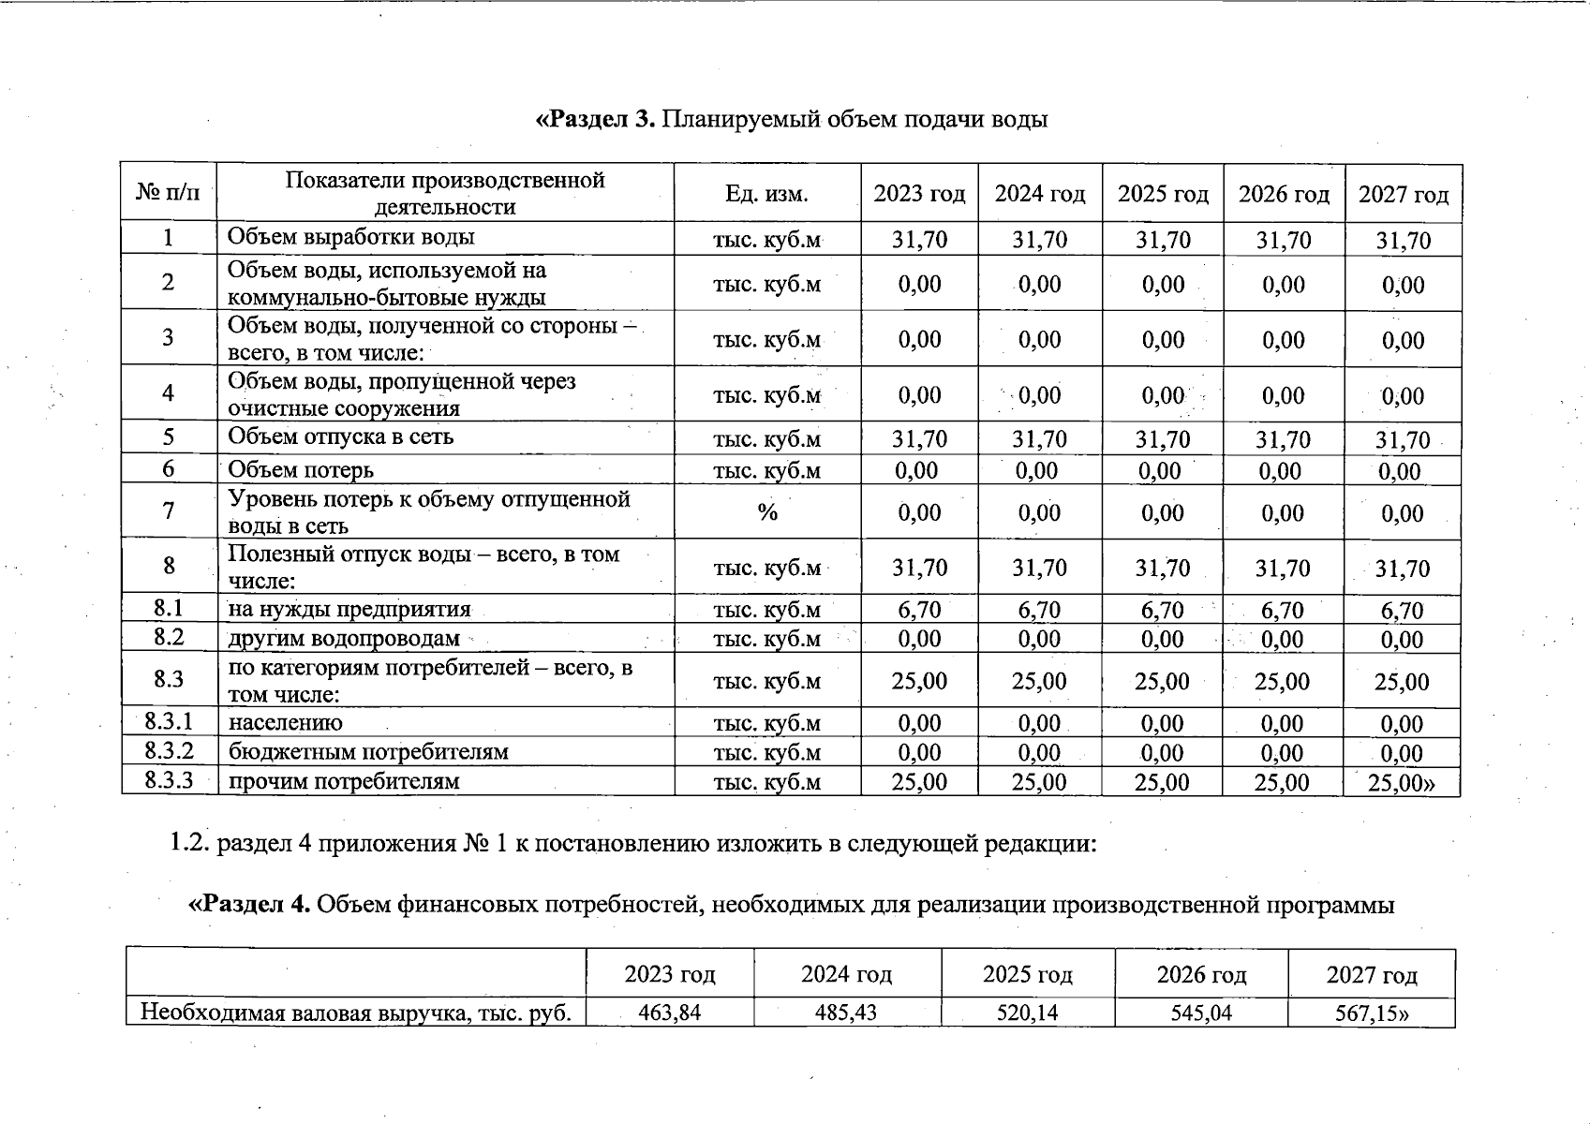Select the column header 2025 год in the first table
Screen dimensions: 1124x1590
pos(1163,194)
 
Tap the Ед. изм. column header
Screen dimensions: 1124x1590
pos(766,194)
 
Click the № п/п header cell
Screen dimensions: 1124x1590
pos(169,194)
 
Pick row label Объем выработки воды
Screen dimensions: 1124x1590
pos(351,237)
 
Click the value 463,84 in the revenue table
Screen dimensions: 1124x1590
pos(669,1012)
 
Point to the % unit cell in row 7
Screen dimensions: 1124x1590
pos(767,511)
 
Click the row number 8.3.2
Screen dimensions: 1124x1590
pos(169,750)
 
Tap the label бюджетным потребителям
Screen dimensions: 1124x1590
pos(368,751)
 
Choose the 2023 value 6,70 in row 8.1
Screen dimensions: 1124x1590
pos(919,610)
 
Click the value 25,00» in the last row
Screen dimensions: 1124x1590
pos(1402,782)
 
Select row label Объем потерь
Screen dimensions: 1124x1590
pos(301,469)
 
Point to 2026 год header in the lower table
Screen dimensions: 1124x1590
pos(1201,975)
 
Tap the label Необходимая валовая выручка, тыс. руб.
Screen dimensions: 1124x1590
pos(356,1013)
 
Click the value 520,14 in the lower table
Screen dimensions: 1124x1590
pos(1027,1012)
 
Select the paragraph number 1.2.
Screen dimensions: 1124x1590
pos(191,844)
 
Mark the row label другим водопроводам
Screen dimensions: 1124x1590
pos(344,639)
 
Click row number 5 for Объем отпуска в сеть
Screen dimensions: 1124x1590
pos(169,436)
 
